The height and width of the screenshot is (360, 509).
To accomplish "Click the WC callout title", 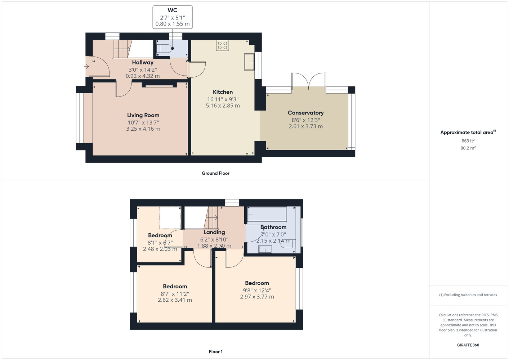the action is [x=173, y=10].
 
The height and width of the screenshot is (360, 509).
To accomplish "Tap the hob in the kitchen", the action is [x=223, y=45].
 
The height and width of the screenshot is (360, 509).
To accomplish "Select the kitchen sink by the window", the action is [x=249, y=62].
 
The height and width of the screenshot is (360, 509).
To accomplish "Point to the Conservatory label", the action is [x=305, y=113].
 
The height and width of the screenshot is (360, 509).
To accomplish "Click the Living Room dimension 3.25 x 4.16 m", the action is [x=143, y=129].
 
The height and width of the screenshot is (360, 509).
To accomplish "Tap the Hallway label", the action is [x=143, y=62].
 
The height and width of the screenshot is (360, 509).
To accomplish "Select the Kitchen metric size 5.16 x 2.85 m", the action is [x=223, y=105].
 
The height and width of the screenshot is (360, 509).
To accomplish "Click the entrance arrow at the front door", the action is [x=86, y=67].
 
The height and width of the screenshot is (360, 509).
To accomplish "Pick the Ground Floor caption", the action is [x=216, y=173].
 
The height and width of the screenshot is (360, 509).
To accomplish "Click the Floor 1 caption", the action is [x=216, y=352].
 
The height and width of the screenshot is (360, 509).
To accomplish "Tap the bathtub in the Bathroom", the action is [x=267, y=214].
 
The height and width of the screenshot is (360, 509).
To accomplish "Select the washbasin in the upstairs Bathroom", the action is [x=265, y=249].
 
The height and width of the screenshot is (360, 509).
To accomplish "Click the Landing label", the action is [x=214, y=232].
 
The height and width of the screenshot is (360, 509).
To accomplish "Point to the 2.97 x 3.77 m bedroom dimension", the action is [x=257, y=297].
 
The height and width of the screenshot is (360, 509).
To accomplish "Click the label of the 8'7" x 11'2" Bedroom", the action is [x=175, y=287].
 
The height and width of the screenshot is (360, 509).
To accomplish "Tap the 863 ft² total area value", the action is [x=468, y=141].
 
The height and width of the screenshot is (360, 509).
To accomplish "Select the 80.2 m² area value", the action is [x=468, y=148].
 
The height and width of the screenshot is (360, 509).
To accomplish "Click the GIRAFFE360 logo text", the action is [x=468, y=345].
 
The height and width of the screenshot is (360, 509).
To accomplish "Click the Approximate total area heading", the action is [x=468, y=132].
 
